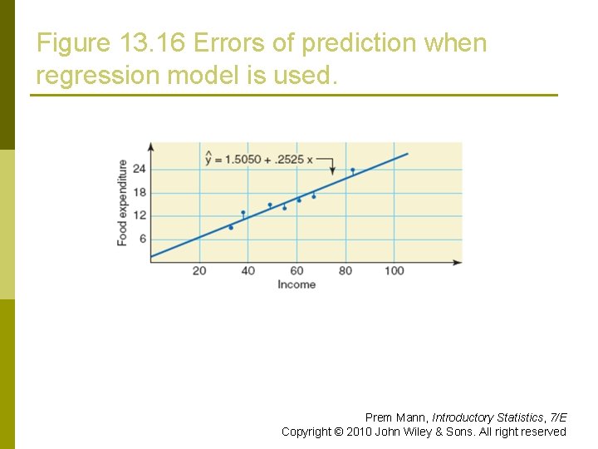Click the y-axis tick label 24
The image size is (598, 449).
point(139,169)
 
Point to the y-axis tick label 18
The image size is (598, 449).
point(139,192)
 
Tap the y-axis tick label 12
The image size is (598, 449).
point(139,215)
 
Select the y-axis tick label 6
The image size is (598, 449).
point(141,239)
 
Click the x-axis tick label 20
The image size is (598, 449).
point(199,270)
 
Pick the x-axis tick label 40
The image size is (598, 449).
point(248,270)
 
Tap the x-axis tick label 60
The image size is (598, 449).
point(297,270)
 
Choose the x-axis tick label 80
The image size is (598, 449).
point(346,270)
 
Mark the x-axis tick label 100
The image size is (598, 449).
point(394,270)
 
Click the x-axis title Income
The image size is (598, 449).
point(297,284)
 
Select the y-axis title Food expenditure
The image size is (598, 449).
point(123,202)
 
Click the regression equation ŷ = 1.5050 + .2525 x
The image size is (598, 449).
point(258,159)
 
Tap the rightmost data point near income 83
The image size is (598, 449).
point(352,170)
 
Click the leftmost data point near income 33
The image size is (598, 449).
point(231,227)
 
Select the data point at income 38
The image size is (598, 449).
point(243,213)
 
